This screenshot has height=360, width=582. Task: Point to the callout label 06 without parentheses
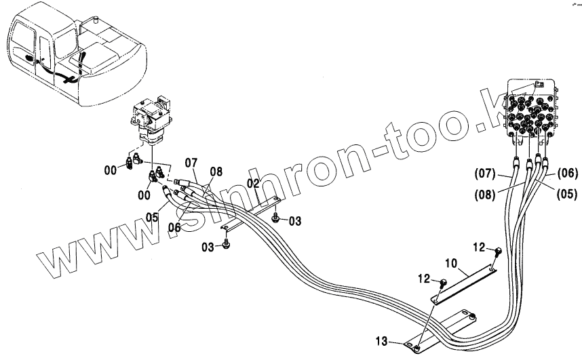point(174,228)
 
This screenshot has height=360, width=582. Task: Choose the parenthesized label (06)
point(566,172)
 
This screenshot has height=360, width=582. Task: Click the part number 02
point(254,183)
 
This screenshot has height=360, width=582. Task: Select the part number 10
point(452,262)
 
